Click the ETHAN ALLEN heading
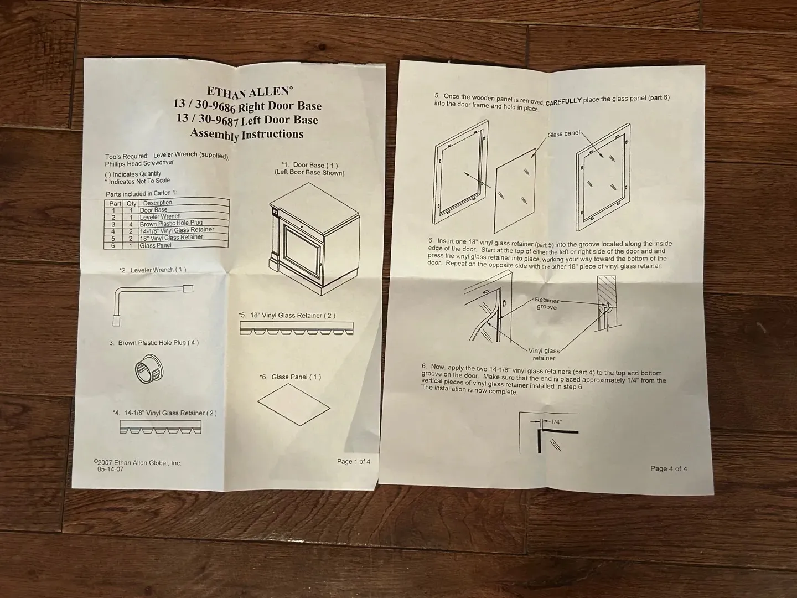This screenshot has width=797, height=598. pos(250,92)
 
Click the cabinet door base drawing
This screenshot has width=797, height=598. pos(314,239)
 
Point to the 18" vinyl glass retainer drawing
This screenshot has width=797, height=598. pos(296,328)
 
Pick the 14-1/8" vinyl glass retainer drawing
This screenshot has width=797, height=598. pos(161,427)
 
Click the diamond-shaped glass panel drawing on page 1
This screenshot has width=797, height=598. pos(294,404)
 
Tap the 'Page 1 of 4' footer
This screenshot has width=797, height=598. pos(354,461)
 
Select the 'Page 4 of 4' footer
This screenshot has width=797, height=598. pos(669,469)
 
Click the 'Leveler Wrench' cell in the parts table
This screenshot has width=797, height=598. pos(160,216)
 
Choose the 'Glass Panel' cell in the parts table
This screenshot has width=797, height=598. pos(156,245)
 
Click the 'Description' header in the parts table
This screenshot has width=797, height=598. pos(157,203)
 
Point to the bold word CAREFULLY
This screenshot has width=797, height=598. pos(563,101)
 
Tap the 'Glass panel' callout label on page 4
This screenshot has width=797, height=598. pos(563,134)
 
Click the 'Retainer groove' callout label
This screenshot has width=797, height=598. pos(547,304)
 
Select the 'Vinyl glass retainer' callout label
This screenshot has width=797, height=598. pos(544,354)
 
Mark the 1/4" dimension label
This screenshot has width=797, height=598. pos(557,422)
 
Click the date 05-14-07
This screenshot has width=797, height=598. pos(110,469)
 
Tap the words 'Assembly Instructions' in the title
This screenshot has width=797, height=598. pos(246,135)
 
